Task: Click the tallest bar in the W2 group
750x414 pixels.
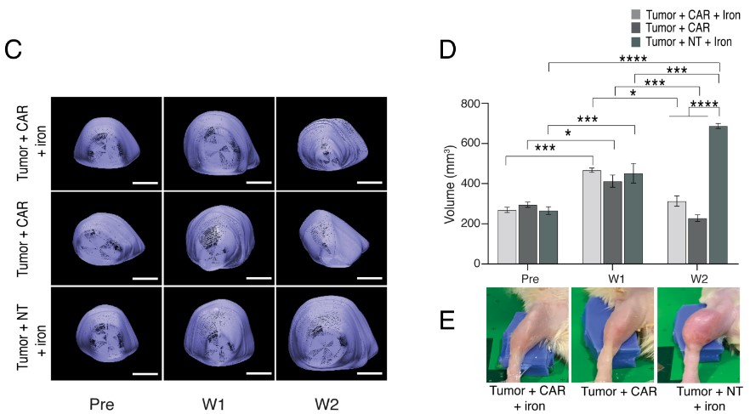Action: [719, 195]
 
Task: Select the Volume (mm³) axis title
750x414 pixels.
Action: [451, 184]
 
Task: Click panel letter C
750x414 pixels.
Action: [13, 48]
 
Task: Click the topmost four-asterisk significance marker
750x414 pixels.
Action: [634, 59]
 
